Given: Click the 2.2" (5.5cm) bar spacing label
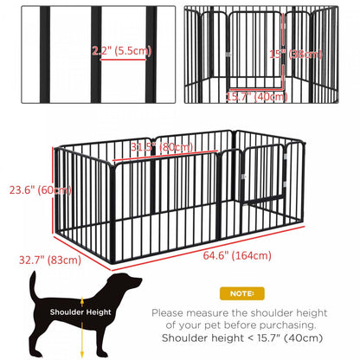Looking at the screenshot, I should (x=121, y=51).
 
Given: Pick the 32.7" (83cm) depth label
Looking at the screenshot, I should (x=44, y=258).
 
